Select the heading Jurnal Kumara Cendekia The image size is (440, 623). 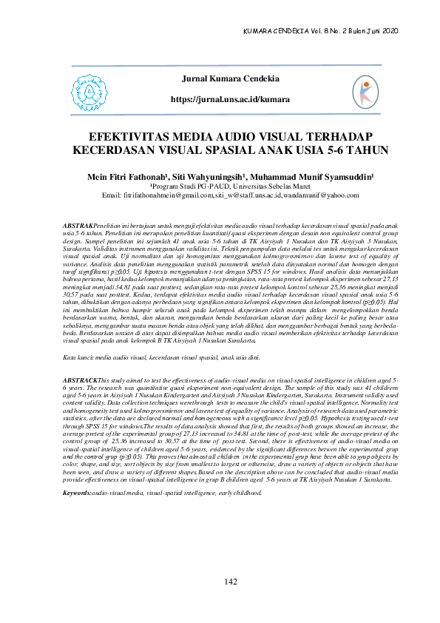tap(230, 78)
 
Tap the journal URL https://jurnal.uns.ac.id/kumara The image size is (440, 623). tap(230, 98)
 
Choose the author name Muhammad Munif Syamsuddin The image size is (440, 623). tap(309, 177)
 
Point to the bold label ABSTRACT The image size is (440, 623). tap(81, 380)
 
